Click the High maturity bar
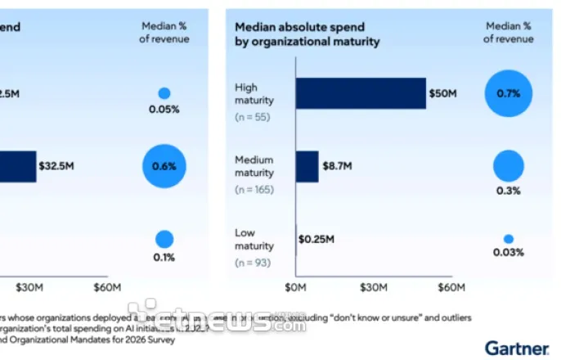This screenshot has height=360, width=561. pos(361,93)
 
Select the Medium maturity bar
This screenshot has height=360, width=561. pos(307,166)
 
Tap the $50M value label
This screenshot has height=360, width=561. pos(442,93)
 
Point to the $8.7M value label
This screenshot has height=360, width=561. pos(335,166)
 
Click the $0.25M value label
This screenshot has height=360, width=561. pos(316,240)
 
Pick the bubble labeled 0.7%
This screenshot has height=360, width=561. pos(508,92)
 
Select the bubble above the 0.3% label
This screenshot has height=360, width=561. pos(508,165)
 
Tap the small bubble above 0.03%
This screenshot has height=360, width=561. pos(508,239)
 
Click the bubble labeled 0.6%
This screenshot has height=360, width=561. pos(164,166)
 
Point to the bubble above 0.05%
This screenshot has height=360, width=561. pos(164,93)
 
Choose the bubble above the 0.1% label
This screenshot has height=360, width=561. pos(164,239)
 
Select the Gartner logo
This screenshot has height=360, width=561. pos(516,348)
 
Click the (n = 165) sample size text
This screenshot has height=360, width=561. pos(254,190)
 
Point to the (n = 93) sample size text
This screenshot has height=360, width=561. pos(253,262)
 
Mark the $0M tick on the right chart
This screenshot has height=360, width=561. pos(295,287)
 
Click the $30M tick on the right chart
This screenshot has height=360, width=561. pos(373,287)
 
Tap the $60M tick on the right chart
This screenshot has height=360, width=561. pos(451,287)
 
